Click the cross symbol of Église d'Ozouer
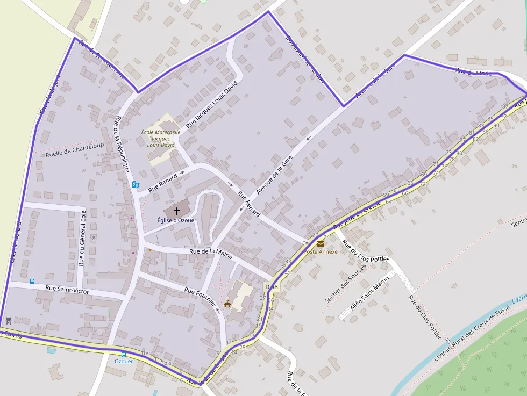177,211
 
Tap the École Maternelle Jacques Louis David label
161,138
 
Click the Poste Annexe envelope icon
321,243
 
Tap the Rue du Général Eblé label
82,238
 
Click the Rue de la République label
122,143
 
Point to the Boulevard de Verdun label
305,59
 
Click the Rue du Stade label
473,71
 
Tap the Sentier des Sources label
345,283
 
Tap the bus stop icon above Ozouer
124,354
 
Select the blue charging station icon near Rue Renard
136,185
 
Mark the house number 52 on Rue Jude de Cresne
326,235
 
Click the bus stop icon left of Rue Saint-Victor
32,281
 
